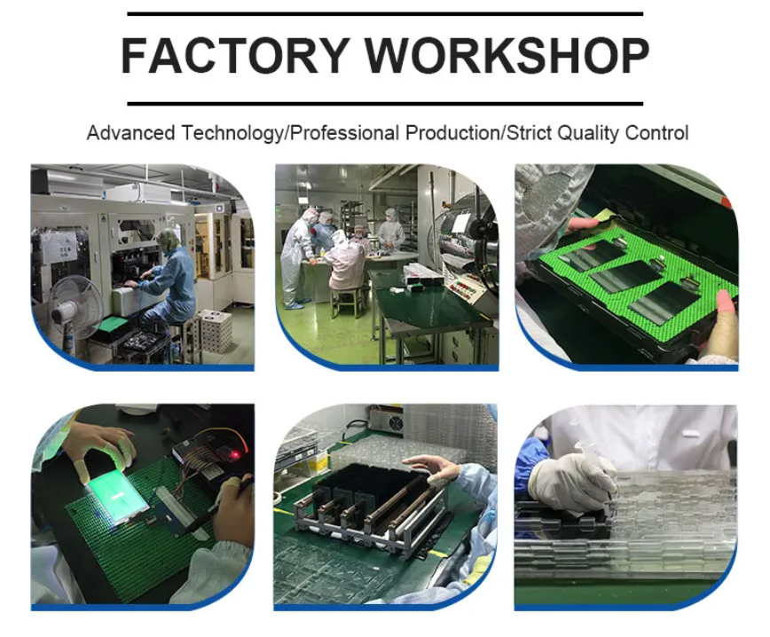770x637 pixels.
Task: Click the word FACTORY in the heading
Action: click(x=235, y=55)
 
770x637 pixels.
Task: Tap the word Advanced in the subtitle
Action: click(x=130, y=133)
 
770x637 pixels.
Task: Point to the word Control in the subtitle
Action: click(x=657, y=133)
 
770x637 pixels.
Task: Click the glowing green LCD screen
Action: click(x=118, y=498)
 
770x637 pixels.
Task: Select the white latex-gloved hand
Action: click(x=575, y=483)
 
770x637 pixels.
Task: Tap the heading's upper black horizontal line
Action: click(x=385, y=14)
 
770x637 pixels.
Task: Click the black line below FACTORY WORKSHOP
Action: click(x=385, y=104)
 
